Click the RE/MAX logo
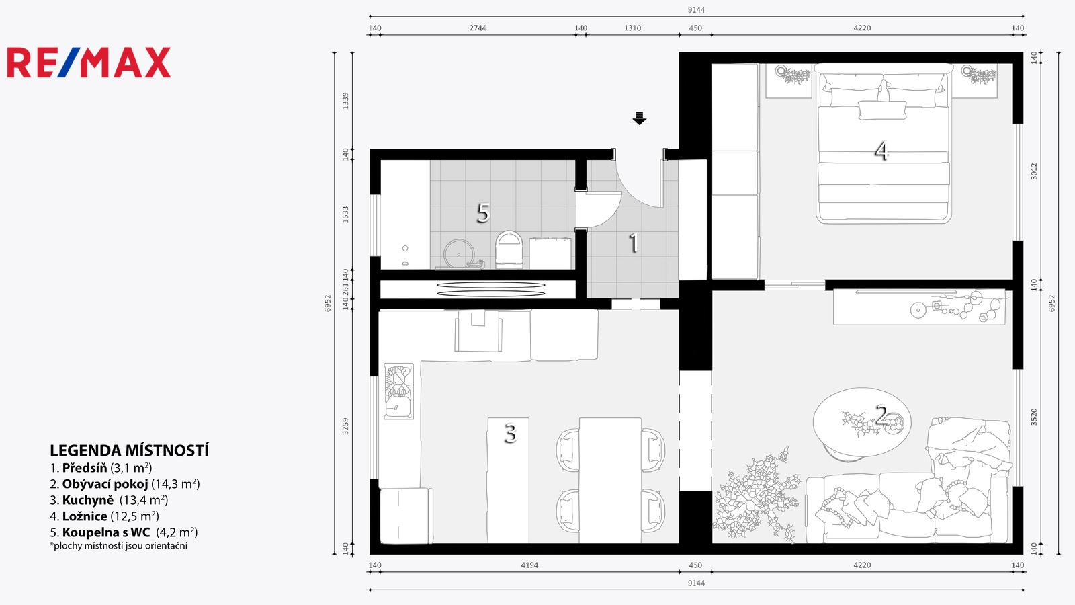pyautogui.click(x=89, y=63)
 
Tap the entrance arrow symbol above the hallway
pyautogui.click(x=639, y=118)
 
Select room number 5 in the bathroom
pyautogui.click(x=483, y=212)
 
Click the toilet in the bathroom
pyautogui.click(x=509, y=248)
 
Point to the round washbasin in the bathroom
pyautogui.click(x=460, y=253)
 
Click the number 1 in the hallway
pyautogui.click(x=634, y=243)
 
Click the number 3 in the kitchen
pyautogui.click(x=510, y=433)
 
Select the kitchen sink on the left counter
pyautogui.click(x=399, y=391)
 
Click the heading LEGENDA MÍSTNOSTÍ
pyautogui.click(x=129, y=450)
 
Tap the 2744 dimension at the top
pyautogui.click(x=478, y=28)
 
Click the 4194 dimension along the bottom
pyautogui.click(x=529, y=565)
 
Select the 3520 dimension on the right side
pyautogui.click(x=1034, y=417)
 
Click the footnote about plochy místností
pyautogui.click(x=118, y=546)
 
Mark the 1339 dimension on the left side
pyautogui.click(x=345, y=101)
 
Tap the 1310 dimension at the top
pyautogui.click(x=632, y=28)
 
